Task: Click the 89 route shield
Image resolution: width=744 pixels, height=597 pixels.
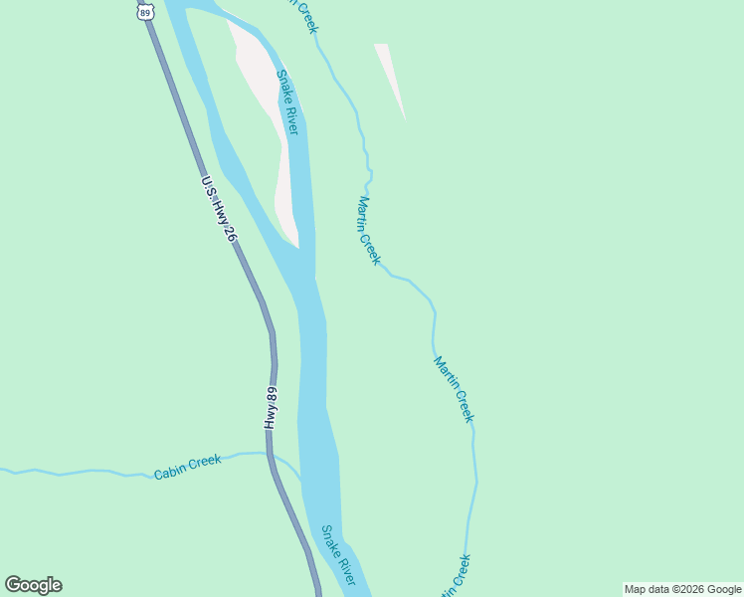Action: (x=146, y=12)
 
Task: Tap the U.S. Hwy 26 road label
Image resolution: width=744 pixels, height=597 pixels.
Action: (x=218, y=210)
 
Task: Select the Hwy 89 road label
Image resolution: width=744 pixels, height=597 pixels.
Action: (x=271, y=406)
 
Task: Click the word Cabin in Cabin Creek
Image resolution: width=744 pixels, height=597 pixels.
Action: (x=170, y=471)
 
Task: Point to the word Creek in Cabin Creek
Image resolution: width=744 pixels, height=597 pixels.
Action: (x=204, y=462)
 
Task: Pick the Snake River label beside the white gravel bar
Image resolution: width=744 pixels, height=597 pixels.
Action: (x=287, y=103)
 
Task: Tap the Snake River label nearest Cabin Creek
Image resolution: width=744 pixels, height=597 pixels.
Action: (x=337, y=555)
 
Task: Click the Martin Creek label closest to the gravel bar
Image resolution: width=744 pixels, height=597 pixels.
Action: (x=368, y=230)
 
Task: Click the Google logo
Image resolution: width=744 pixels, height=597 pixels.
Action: (x=33, y=585)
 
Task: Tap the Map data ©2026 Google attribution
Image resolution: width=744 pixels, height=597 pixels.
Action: (x=683, y=589)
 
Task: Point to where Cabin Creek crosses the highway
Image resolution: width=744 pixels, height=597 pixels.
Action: (x=270, y=454)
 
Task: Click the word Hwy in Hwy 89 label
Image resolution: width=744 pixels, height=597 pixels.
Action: (x=270, y=418)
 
